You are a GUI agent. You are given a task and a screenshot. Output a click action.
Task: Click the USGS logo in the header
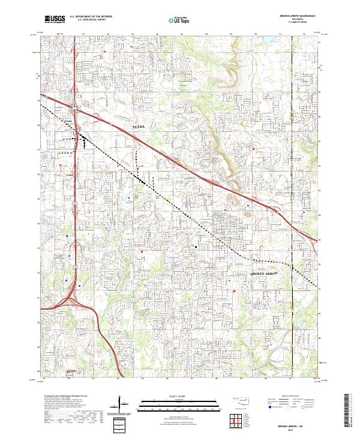[55, 19]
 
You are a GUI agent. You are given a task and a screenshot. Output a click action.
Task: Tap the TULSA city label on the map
[139, 127]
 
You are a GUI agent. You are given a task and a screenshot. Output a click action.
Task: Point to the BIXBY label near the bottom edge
[70, 372]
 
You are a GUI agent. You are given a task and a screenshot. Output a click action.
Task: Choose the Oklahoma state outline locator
[241, 400]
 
